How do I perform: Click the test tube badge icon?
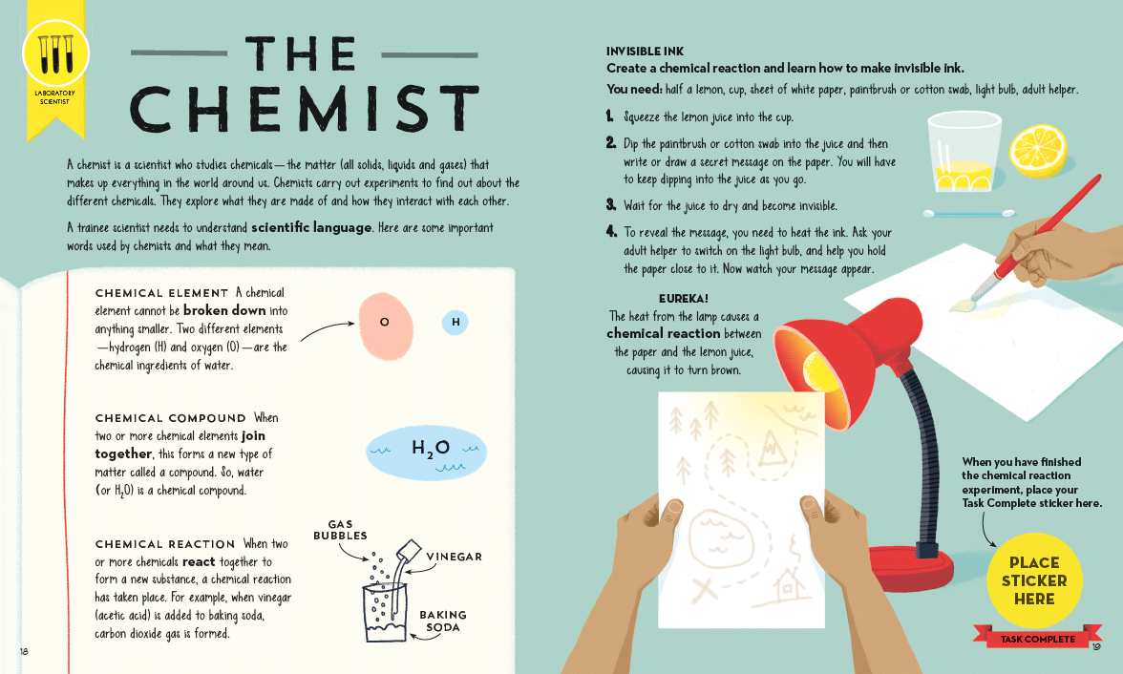pyautogui.click(x=55, y=54)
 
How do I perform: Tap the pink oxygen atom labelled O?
pyautogui.click(x=386, y=326)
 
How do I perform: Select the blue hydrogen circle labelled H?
pyautogui.click(x=456, y=323)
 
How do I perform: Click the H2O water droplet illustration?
pyautogui.click(x=426, y=453)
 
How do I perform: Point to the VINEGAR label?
pyautogui.click(x=455, y=557)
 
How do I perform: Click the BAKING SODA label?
pyautogui.click(x=443, y=621)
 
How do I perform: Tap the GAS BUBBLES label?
pyautogui.click(x=340, y=530)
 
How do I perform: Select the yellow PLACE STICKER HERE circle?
pyautogui.click(x=1034, y=580)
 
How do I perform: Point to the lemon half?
pyautogui.click(x=1038, y=151)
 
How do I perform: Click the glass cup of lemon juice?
pyautogui.click(x=964, y=152)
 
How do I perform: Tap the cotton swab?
pyautogui.click(x=969, y=214)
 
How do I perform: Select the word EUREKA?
pyautogui.click(x=684, y=299)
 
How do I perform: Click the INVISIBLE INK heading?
pyautogui.click(x=645, y=52)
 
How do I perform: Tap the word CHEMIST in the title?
pyautogui.click(x=305, y=108)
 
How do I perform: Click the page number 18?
pyautogui.click(x=25, y=651)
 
